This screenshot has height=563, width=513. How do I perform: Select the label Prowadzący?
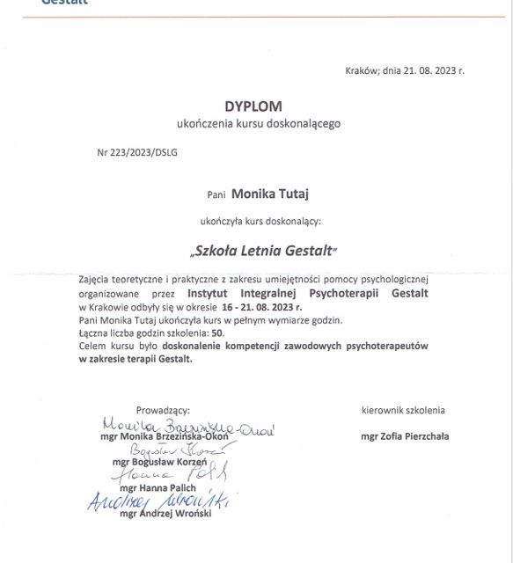[x=163, y=410]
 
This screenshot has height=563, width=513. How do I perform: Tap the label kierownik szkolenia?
[x=403, y=410]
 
